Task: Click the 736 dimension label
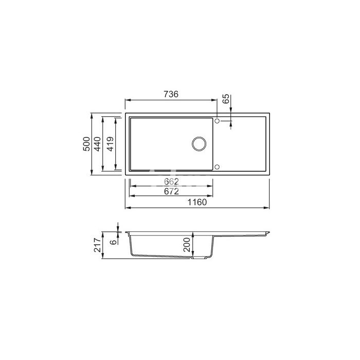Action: coord(171,94)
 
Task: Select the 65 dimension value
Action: coord(226,99)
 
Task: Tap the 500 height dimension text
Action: coord(86,144)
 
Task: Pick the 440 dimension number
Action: coord(97,144)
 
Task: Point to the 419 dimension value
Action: coord(111,144)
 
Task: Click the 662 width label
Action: coord(171,182)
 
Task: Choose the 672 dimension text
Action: coord(171,191)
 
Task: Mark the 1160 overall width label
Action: coord(197,202)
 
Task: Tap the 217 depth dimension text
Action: coord(97,245)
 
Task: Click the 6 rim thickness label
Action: coord(113,242)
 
